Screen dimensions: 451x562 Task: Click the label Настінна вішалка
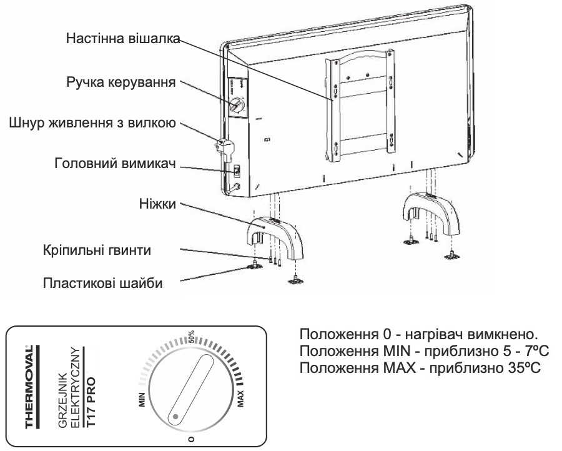(123, 38)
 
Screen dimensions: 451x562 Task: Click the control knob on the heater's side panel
(236, 106)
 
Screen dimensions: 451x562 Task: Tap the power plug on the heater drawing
(223, 147)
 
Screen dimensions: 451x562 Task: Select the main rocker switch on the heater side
(237, 169)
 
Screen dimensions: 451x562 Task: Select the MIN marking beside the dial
(143, 399)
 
